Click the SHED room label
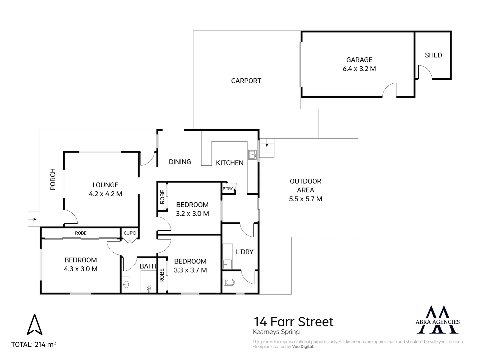point(433,55)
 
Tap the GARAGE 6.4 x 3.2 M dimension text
point(359,69)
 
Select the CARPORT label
point(246,81)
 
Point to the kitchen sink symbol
point(252,155)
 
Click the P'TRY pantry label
point(228,188)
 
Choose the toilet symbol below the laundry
point(228,282)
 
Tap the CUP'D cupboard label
point(130,233)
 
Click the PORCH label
point(53,179)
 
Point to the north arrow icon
point(35,325)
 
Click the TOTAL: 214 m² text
point(34,345)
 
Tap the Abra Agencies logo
point(438,320)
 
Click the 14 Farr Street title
point(293,322)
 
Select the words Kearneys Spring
point(276,332)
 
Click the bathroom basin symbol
point(126,284)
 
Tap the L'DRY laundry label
point(244,252)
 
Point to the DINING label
point(180,162)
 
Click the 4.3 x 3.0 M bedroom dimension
point(81,269)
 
